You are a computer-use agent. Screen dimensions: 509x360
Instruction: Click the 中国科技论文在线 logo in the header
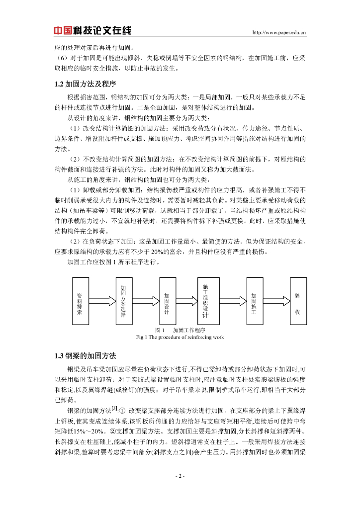click(x=92, y=31)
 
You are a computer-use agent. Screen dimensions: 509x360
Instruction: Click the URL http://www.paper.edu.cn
click(x=279, y=33)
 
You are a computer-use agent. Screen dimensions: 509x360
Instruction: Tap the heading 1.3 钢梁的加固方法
click(x=85, y=355)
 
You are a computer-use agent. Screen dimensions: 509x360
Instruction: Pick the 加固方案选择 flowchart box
click(x=123, y=301)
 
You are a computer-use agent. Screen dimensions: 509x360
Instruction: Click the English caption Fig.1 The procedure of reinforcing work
click(x=180, y=337)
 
